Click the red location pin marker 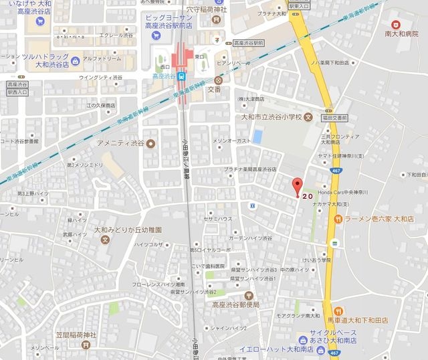click(x=297, y=186)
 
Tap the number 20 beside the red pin click(x=308, y=197)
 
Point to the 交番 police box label click(x=213, y=88)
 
